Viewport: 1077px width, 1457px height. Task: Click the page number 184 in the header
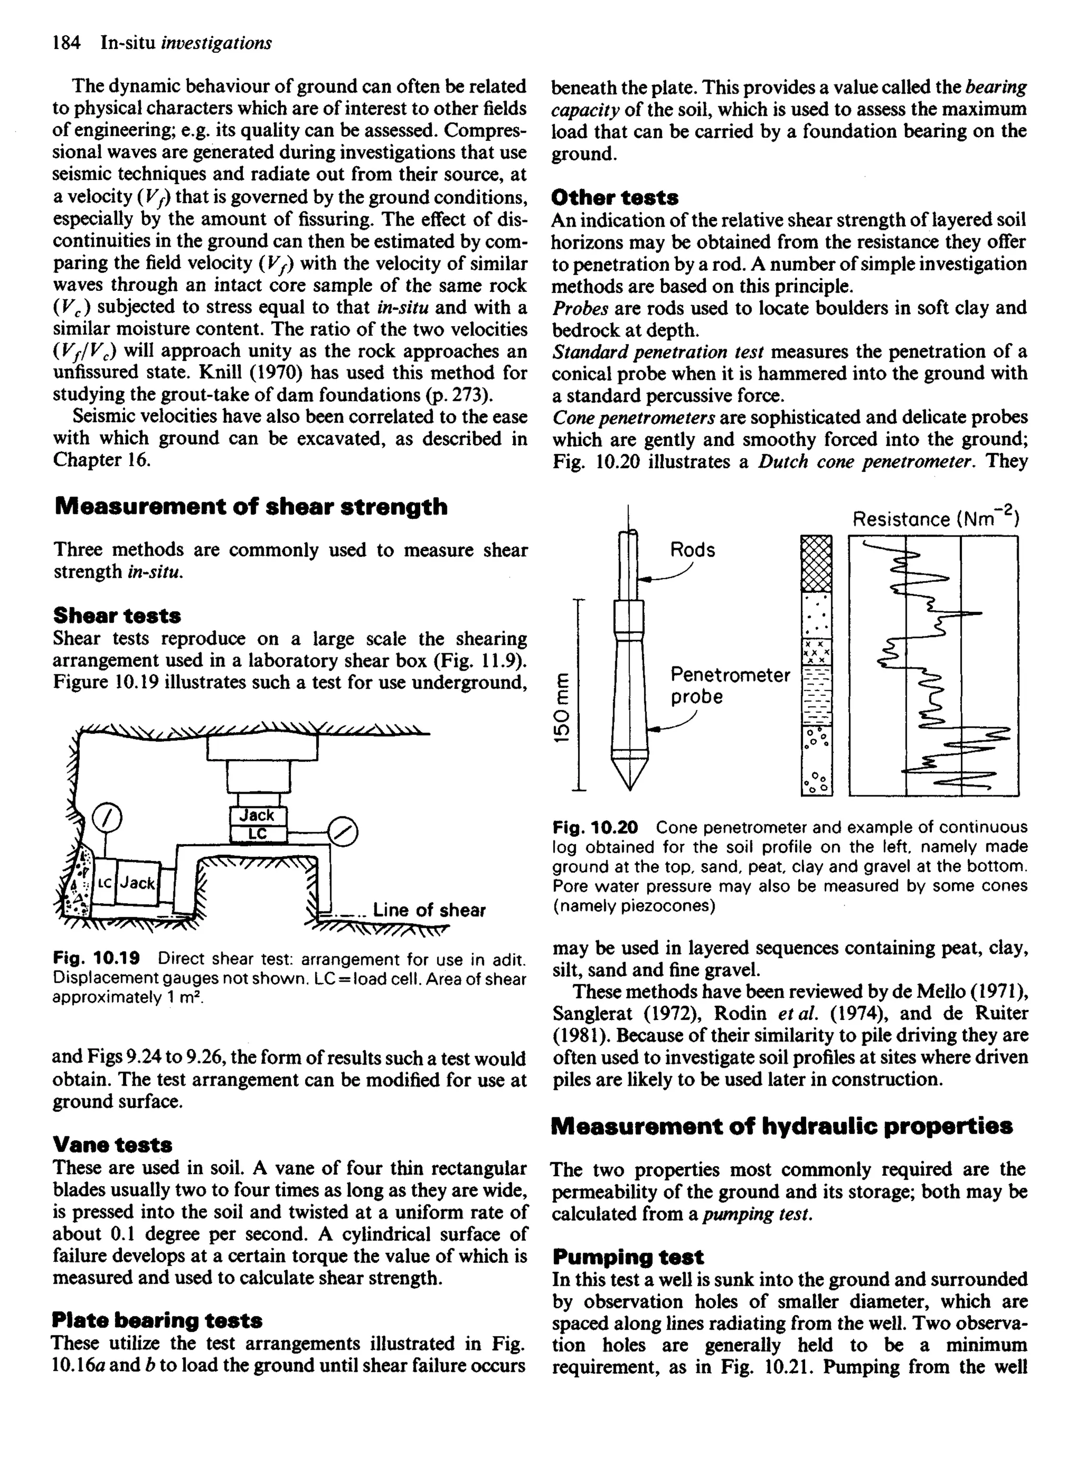point(66,43)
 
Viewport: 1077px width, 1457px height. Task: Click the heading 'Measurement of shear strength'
point(251,507)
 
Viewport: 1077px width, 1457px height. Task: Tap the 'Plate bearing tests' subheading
point(157,1320)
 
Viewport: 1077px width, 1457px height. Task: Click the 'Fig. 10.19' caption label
point(96,959)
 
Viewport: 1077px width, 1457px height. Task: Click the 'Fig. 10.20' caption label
point(595,828)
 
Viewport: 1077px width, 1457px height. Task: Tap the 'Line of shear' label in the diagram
point(429,910)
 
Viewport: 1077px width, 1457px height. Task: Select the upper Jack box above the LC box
point(258,815)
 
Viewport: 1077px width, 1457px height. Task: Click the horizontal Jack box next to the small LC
point(138,883)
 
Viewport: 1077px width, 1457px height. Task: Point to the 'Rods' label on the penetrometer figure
point(693,550)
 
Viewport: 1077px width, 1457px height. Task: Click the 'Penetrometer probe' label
point(729,685)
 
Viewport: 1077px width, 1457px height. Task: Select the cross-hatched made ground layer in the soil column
point(816,563)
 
